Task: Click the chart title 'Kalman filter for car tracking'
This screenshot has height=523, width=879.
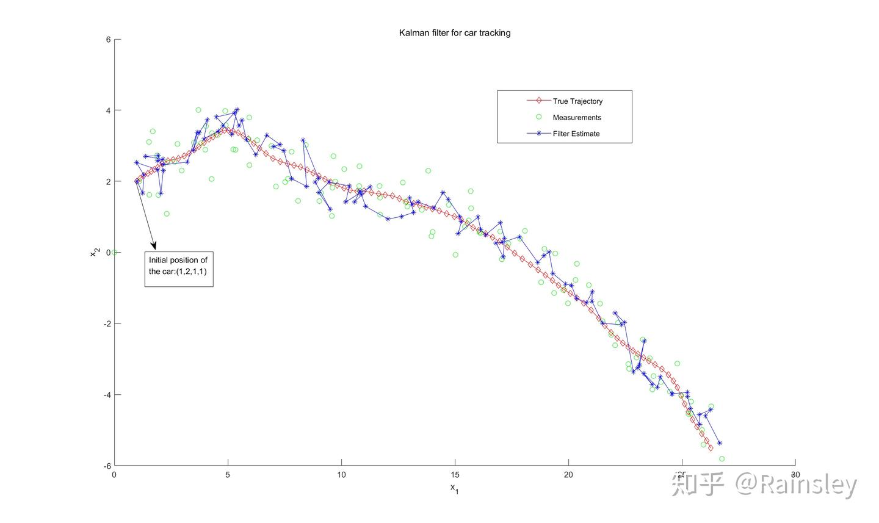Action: (x=455, y=33)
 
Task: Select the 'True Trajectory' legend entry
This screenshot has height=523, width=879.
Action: (x=577, y=101)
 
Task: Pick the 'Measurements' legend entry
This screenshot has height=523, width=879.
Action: (x=576, y=118)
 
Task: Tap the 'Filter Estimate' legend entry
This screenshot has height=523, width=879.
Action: (x=576, y=134)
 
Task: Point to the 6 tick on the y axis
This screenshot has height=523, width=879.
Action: (x=108, y=40)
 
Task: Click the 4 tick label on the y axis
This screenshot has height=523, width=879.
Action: (x=108, y=110)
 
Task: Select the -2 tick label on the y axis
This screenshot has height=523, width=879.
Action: (x=107, y=323)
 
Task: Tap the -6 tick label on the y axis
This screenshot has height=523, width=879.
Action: (x=107, y=466)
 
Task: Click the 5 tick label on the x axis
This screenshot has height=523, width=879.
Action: (x=228, y=475)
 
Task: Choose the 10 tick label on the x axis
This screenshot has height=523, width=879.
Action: (x=341, y=475)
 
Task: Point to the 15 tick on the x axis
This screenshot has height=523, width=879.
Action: (x=455, y=475)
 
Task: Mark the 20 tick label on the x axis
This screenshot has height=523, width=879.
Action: (x=568, y=475)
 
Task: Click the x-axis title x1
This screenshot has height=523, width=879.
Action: (x=454, y=488)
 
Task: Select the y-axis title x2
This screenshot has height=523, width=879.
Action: (x=95, y=252)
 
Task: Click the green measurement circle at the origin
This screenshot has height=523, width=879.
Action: (x=114, y=253)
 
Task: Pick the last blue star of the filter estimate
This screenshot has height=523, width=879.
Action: (x=720, y=443)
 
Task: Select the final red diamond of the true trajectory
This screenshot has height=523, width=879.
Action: (x=711, y=448)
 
